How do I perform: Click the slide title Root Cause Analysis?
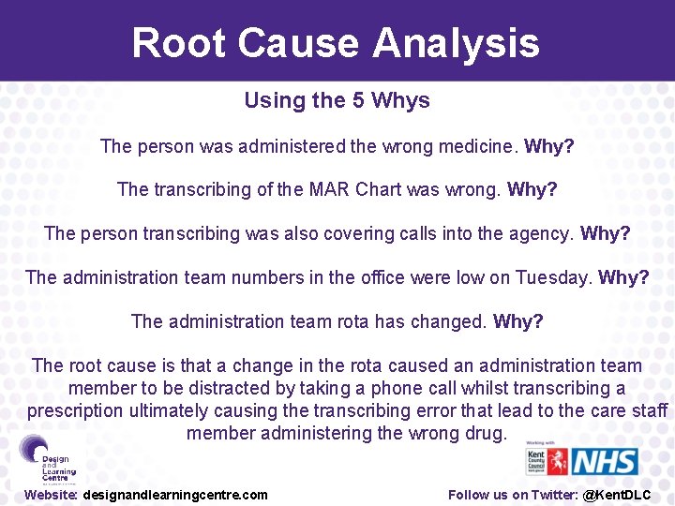(336, 43)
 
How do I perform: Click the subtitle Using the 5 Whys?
(337, 100)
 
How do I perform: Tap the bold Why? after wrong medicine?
(549, 146)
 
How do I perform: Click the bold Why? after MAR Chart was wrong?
(532, 189)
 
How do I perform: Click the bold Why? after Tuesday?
(623, 277)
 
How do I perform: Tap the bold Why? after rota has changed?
(518, 321)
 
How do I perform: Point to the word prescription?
(76, 410)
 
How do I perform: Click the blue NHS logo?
(605, 462)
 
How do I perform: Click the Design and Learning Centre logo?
(47, 459)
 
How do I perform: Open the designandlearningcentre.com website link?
(175, 495)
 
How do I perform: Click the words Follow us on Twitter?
(512, 495)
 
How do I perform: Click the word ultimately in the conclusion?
(172, 410)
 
